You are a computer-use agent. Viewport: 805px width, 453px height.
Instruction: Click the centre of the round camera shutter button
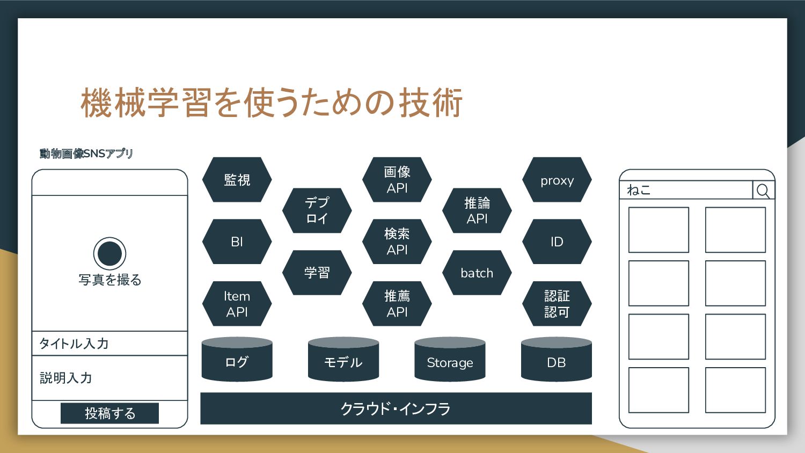[x=109, y=253]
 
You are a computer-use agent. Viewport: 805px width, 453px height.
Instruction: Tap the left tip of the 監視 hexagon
[x=202, y=179]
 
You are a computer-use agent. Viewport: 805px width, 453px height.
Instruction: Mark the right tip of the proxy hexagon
[x=591, y=179]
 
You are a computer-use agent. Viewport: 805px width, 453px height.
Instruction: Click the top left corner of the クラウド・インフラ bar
[x=201, y=392]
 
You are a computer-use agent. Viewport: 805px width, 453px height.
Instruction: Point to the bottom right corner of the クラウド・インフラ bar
[x=592, y=424]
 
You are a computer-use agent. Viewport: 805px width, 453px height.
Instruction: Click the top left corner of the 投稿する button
[x=61, y=403]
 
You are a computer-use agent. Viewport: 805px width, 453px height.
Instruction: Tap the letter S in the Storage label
[x=430, y=362]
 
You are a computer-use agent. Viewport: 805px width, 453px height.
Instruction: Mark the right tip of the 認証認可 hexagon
[x=591, y=304]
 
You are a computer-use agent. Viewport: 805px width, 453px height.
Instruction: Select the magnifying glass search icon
[x=763, y=190]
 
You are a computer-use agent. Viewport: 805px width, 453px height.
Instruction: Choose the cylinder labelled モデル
[x=343, y=359]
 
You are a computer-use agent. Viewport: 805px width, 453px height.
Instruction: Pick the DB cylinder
[x=557, y=359]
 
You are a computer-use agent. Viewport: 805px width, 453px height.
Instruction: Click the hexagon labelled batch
[x=477, y=273]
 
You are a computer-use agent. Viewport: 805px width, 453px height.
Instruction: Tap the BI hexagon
[x=237, y=242]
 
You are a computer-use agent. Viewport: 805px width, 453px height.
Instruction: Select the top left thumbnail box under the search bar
[x=658, y=230]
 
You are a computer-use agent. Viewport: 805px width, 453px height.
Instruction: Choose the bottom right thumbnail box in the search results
[x=735, y=390]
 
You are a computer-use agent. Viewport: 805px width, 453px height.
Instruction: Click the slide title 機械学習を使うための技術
[x=272, y=103]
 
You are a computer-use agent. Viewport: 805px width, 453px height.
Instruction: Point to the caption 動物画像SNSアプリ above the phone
[x=86, y=154]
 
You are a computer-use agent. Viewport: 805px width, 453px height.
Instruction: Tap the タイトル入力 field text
[x=74, y=344]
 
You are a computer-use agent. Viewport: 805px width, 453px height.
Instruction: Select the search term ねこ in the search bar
[x=639, y=190]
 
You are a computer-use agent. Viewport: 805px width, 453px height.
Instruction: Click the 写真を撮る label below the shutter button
[x=110, y=280]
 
